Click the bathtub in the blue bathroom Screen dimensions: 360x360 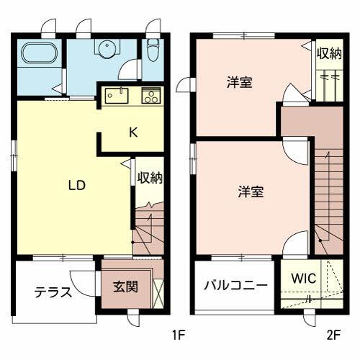[x=40, y=55]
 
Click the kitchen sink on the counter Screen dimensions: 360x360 [x=116, y=94]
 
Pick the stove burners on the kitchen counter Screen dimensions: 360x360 [x=152, y=94]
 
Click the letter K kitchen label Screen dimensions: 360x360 [x=133, y=132]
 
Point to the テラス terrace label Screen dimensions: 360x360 [x=53, y=292]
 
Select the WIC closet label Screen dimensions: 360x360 [x=303, y=278]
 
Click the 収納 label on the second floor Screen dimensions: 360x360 [x=328, y=53]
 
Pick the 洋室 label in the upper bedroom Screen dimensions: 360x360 [x=239, y=83]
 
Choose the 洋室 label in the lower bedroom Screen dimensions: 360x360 [x=251, y=192]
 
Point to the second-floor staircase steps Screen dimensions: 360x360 [x=328, y=194]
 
